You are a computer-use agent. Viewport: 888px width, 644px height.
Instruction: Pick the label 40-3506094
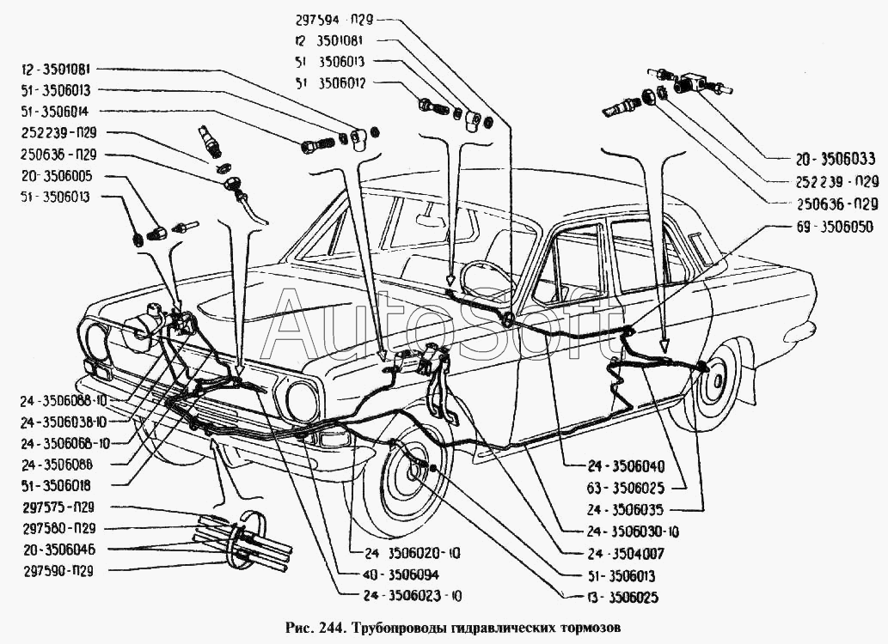(x=391, y=574)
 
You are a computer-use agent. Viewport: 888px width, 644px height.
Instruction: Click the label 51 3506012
(x=330, y=82)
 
